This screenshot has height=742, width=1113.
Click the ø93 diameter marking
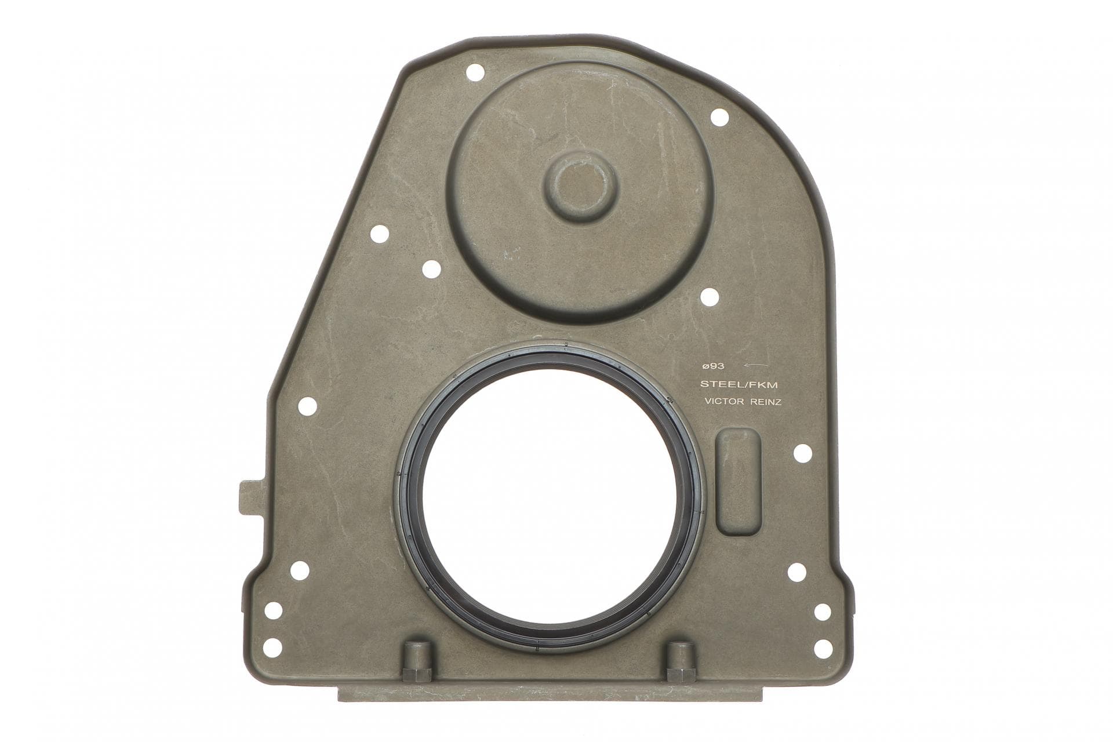click(712, 366)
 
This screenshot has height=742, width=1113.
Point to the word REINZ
click(766, 401)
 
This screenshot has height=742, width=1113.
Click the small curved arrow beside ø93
click(756, 365)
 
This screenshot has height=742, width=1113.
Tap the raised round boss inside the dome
click(581, 187)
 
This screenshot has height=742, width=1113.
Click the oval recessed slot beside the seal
click(739, 482)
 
